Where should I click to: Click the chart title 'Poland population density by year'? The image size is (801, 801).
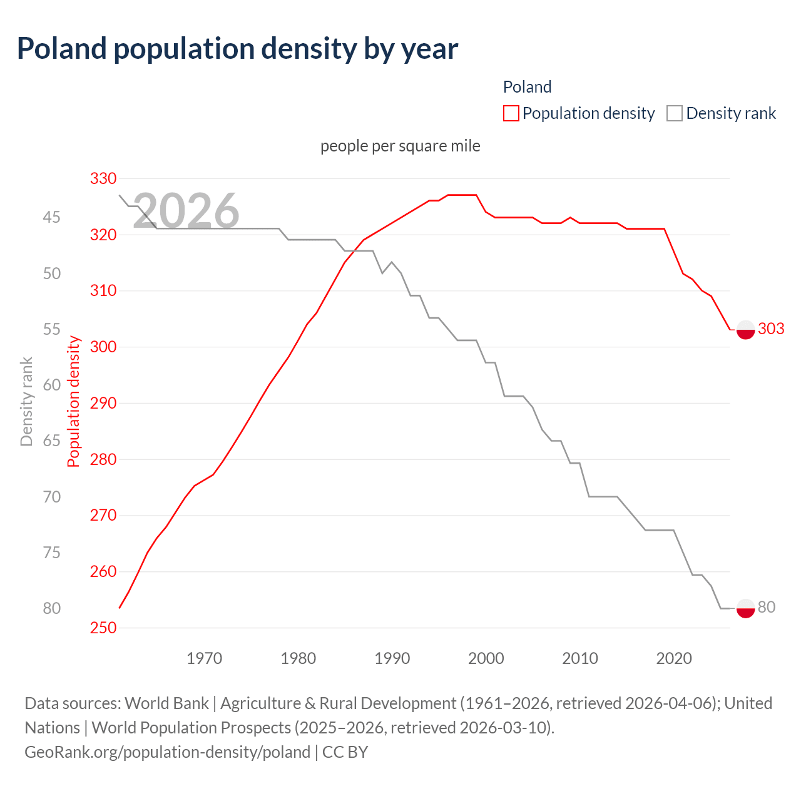point(237,49)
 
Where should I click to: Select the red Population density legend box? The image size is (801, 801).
point(511,113)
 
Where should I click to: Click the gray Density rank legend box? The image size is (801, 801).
point(675,113)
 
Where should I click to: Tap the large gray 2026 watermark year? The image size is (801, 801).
point(186,211)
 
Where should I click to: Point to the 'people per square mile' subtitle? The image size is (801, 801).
point(400,146)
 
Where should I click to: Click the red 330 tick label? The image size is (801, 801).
point(103,179)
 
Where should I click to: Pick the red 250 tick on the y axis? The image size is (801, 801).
point(103,628)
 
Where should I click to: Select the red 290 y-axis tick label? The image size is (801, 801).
point(103,403)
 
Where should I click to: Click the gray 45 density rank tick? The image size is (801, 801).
point(52,217)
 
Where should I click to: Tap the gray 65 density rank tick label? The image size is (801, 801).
point(52,441)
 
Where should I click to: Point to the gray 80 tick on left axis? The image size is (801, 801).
point(52,608)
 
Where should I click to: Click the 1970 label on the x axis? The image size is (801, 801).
point(205,658)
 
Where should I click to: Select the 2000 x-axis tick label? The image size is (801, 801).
point(486,658)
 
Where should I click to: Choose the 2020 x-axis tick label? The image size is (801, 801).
point(674,658)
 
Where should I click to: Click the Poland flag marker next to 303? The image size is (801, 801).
point(745,329)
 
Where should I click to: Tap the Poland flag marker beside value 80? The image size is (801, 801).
point(745,608)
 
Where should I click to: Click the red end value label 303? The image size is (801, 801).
point(771,329)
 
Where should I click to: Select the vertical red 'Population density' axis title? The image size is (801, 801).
point(74,402)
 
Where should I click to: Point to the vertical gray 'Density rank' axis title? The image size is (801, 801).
point(26,402)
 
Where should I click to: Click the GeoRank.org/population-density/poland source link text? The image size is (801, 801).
point(167,752)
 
